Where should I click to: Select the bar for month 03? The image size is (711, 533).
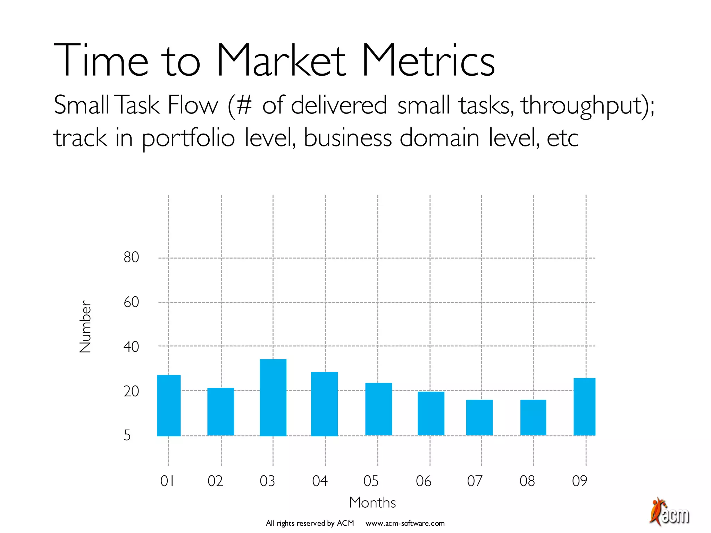[x=273, y=397]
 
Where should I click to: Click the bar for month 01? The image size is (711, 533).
[x=169, y=405]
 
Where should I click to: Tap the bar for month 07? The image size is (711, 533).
[x=479, y=417]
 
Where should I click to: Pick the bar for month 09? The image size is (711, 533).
[x=584, y=407]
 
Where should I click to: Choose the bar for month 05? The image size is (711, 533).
[x=378, y=409]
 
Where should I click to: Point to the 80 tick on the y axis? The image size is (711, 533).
[x=131, y=257]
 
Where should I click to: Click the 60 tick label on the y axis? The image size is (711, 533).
[x=131, y=302]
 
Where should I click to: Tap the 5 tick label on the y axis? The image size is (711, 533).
[x=127, y=435]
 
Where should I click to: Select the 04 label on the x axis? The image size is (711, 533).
[x=320, y=481]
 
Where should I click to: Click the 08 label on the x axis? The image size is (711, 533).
[x=527, y=481]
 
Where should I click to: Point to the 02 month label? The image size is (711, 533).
[x=215, y=481]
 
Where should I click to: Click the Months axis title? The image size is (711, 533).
[x=373, y=502]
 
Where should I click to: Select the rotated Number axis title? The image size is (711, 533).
[x=85, y=327]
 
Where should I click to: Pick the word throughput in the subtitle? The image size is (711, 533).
[x=583, y=106]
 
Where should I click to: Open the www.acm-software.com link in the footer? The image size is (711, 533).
[x=405, y=523]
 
